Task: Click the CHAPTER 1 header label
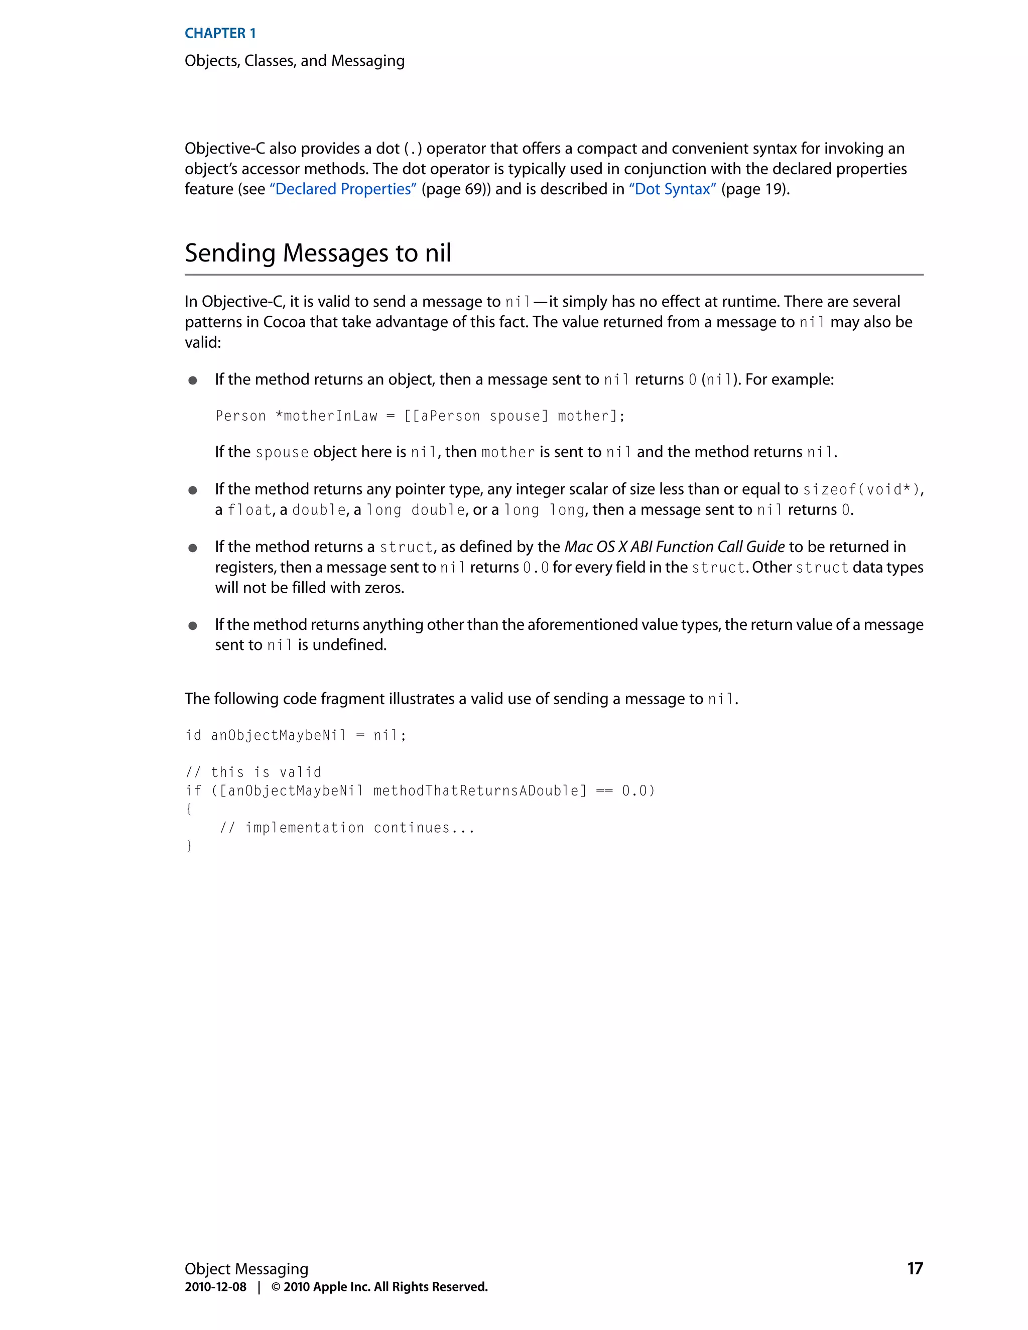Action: (220, 34)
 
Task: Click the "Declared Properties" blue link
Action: (343, 189)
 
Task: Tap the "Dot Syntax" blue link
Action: (672, 189)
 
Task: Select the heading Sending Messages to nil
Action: (318, 253)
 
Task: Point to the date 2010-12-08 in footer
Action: (215, 1287)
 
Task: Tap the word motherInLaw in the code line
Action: (331, 416)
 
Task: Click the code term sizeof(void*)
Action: (861, 490)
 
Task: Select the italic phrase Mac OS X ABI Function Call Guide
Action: (674, 547)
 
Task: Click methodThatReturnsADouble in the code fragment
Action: (480, 790)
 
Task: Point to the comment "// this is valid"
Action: (253, 772)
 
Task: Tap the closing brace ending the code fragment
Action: (189, 846)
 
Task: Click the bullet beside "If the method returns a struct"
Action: (192, 548)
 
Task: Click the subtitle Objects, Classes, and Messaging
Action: (294, 61)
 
